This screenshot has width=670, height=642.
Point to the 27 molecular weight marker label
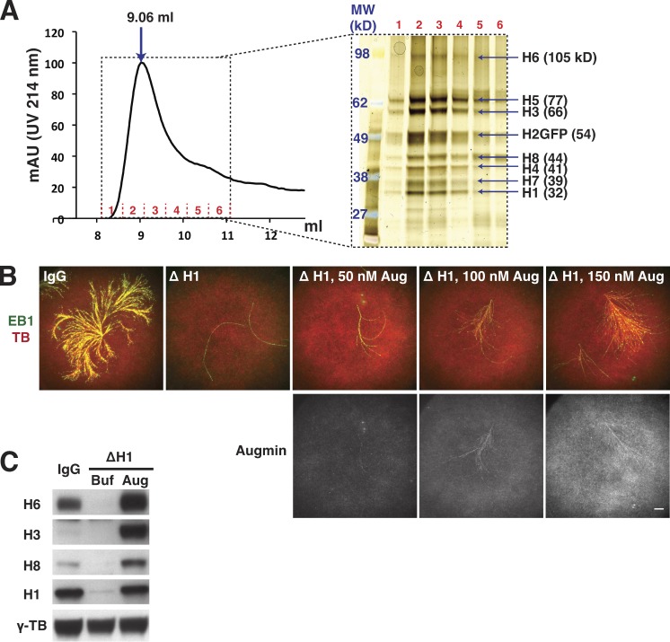pos(360,215)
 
